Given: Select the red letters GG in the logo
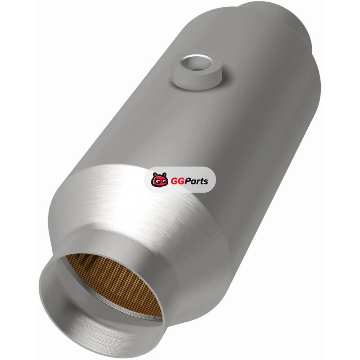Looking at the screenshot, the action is click(177, 181).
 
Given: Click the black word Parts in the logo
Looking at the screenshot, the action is click(196, 181).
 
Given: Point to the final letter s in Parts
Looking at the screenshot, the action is click(206, 182).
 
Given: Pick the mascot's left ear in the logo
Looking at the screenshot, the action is click(154, 175).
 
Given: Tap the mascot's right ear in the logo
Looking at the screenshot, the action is click(164, 174).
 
